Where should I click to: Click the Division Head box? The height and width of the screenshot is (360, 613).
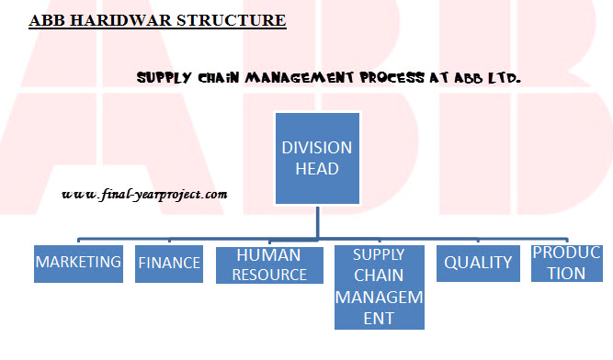pyautogui.click(x=317, y=158)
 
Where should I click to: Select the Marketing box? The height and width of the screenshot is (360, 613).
pyautogui.click(x=78, y=263)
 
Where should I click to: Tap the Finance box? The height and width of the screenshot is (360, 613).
pyautogui.click(x=169, y=263)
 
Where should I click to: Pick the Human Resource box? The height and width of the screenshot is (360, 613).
pyautogui.click(x=270, y=264)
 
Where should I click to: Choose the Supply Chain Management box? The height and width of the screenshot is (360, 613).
pyautogui.click(x=379, y=286)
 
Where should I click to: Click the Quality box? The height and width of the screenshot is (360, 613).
pyautogui.click(x=477, y=263)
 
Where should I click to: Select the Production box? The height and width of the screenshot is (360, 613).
pyautogui.click(x=567, y=263)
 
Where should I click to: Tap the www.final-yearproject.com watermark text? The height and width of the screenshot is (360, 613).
pyautogui.click(x=145, y=195)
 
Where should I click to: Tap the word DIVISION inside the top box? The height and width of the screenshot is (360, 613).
pyautogui.click(x=317, y=147)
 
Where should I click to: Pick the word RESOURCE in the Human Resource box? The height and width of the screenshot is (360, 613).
pyautogui.click(x=270, y=274)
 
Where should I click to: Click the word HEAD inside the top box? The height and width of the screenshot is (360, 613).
pyautogui.click(x=317, y=169)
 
